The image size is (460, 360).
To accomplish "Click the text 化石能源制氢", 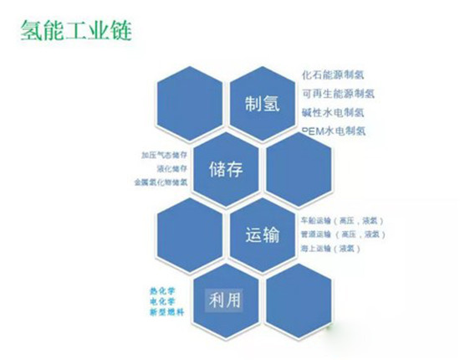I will pos(332,75).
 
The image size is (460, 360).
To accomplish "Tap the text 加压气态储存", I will pos(166,155).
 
